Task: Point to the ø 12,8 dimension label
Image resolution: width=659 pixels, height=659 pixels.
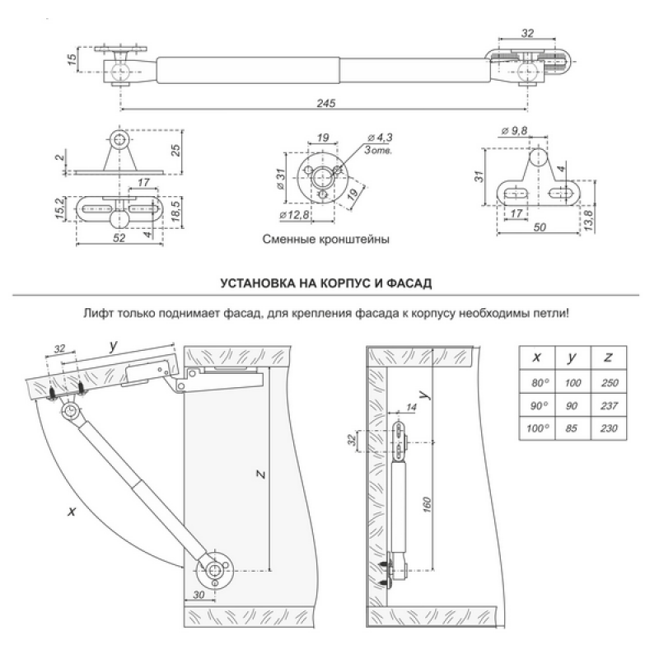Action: [x=294, y=216]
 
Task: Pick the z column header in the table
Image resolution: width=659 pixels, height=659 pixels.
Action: [x=608, y=358]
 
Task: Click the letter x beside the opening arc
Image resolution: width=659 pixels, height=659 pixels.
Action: [x=72, y=511]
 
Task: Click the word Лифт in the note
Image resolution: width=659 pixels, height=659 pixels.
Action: [x=96, y=314]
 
